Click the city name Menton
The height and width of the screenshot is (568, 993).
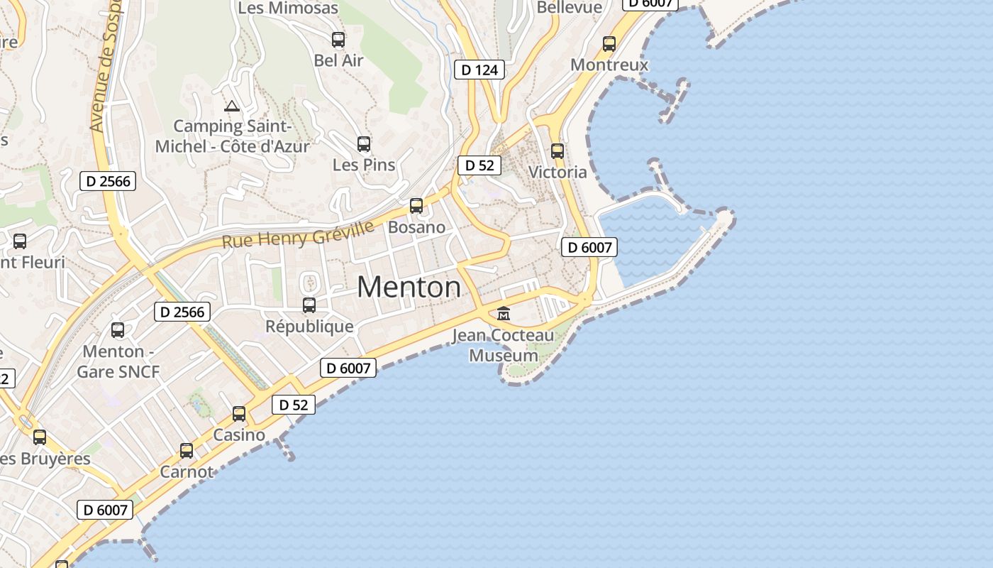[x=409, y=287]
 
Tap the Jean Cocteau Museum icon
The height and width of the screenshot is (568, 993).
[x=504, y=313]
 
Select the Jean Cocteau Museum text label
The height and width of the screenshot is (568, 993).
[x=504, y=345]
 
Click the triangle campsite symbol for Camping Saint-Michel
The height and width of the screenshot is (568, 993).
[x=231, y=106]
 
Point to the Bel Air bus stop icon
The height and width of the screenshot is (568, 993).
[x=338, y=40]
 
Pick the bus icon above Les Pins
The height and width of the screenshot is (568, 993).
[x=364, y=144]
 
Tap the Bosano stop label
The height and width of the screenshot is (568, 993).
[x=416, y=228]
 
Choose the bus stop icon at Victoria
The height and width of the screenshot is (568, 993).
[x=557, y=151]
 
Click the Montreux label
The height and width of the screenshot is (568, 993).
[x=609, y=65]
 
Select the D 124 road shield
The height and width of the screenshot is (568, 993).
[x=479, y=70]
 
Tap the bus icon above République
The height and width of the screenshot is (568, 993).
[x=309, y=305]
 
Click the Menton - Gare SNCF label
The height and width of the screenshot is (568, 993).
[x=118, y=361]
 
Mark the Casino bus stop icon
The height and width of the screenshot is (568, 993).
[x=239, y=414]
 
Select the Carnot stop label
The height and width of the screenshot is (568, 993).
[x=187, y=472]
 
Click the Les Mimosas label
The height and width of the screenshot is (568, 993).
[x=288, y=9]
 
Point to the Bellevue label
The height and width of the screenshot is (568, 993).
[x=570, y=7]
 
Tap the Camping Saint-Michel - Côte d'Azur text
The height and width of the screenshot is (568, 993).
[x=233, y=136]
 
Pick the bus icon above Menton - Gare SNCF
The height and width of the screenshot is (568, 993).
[x=118, y=330]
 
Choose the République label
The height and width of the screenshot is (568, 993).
[x=309, y=327]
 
